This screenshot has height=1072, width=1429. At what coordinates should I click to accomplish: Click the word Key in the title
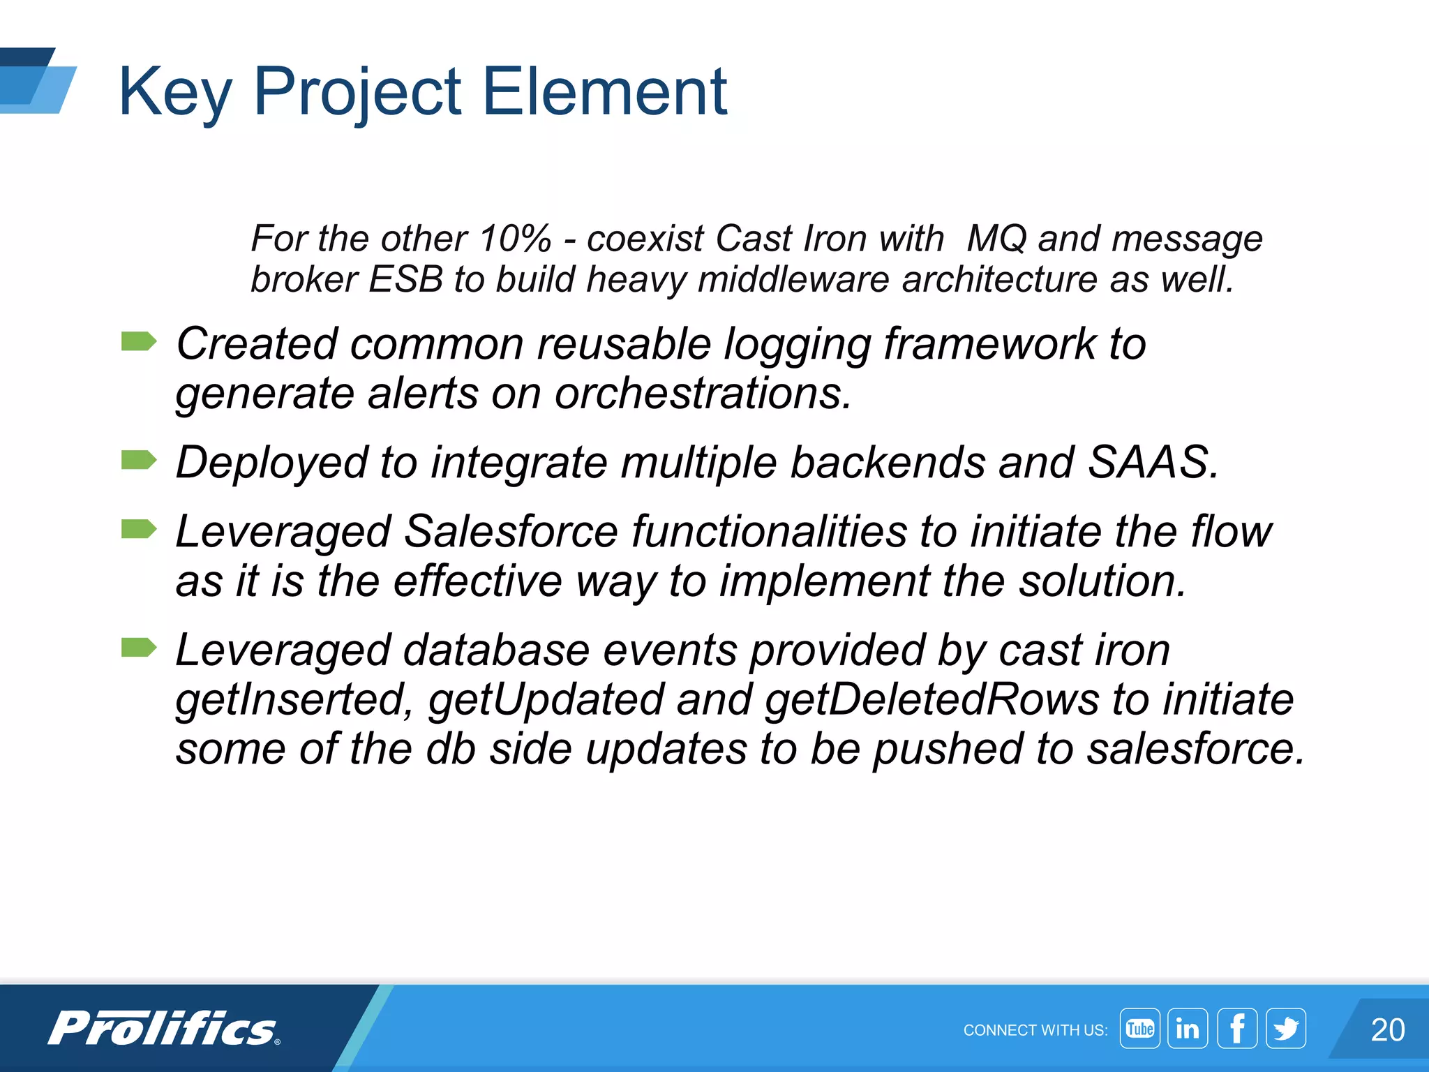[x=174, y=92]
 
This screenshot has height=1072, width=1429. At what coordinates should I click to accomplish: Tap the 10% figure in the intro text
[x=515, y=239]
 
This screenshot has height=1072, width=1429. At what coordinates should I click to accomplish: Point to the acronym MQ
[x=996, y=239]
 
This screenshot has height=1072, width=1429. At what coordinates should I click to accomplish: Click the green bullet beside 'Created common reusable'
[x=138, y=342]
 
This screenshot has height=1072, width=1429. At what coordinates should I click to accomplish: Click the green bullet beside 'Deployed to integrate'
[x=138, y=461]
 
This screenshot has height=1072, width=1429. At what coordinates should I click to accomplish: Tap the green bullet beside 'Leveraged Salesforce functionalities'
[x=138, y=530]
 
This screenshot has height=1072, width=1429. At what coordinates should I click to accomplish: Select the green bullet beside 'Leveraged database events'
[x=138, y=648]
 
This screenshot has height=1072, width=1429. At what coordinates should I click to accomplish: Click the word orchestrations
[x=703, y=394]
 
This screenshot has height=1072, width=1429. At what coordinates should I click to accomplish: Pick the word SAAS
[x=1153, y=462]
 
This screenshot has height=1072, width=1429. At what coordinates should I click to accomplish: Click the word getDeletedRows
[x=932, y=699]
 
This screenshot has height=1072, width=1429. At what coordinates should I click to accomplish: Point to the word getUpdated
[x=546, y=699]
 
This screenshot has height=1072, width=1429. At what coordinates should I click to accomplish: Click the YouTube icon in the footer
[x=1139, y=1029]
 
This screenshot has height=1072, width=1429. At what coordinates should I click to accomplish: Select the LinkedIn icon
[x=1188, y=1029]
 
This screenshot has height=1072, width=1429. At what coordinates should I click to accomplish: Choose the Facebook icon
[x=1237, y=1029]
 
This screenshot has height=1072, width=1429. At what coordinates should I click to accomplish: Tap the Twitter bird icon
[x=1286, y=1029]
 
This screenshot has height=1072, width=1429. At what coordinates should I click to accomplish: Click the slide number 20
[x=1387, y=1030]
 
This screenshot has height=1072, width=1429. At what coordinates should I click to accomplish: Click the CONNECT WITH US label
[x=1035, y=1030]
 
